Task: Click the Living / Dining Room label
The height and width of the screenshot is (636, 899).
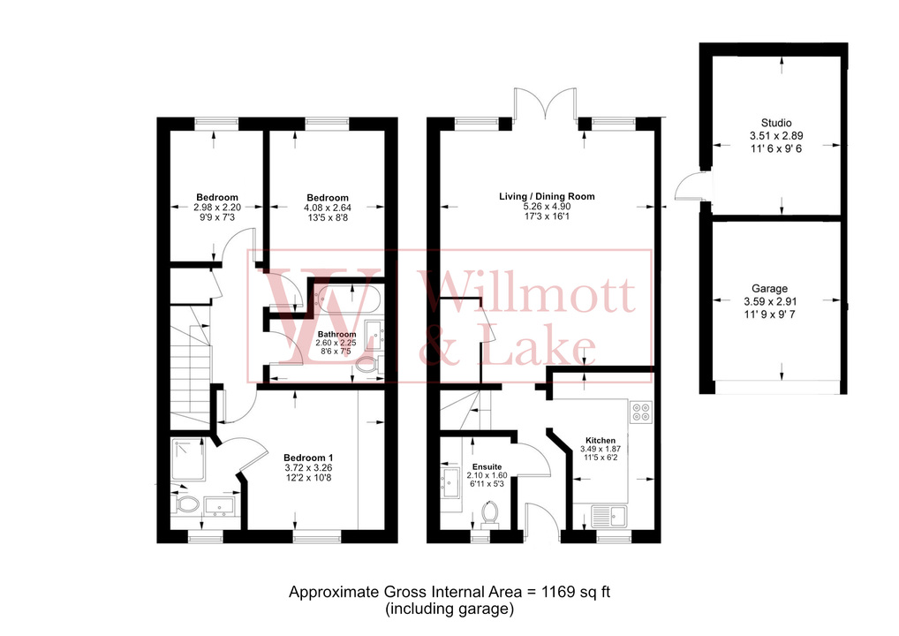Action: tap(548, 196)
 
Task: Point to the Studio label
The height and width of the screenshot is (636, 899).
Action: tap(776, 123)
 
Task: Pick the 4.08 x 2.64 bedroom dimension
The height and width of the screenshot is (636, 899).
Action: tap(328, 208)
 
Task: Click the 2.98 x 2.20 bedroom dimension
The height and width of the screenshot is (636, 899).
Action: tap(216, 208)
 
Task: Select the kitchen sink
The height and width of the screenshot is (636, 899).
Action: tap(610, 515)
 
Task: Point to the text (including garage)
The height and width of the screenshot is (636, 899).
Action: tap(449, 609)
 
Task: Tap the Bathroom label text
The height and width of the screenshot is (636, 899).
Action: tap(336, 334)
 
